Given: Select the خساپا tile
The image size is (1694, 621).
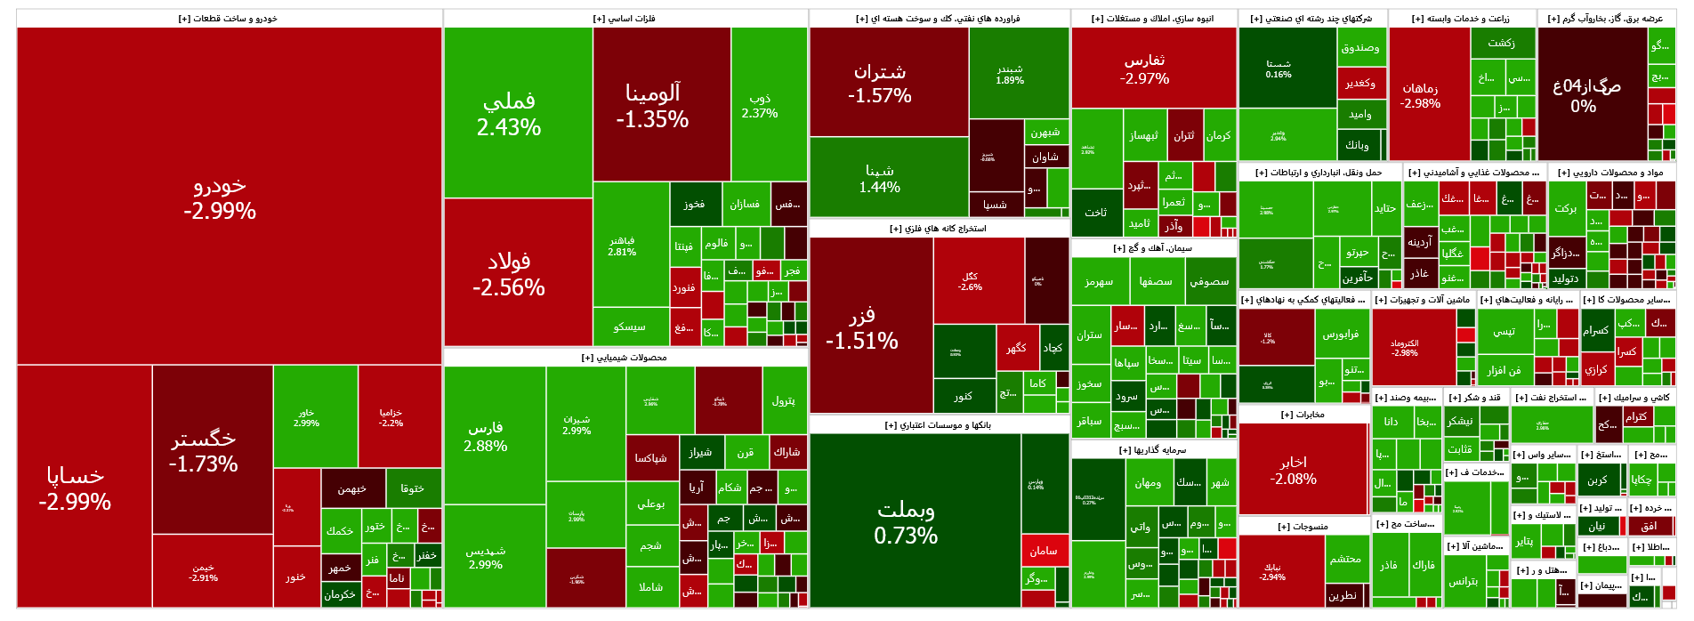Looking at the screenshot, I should tap(75, 488).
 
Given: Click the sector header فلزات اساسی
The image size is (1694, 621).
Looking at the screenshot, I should tap(625, 19).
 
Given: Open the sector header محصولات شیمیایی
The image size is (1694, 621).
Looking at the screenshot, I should tap(625, 358).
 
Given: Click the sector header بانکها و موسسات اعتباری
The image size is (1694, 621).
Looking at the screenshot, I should tap(939, 425).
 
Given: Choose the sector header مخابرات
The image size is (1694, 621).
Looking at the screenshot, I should tap(1303, 415).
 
